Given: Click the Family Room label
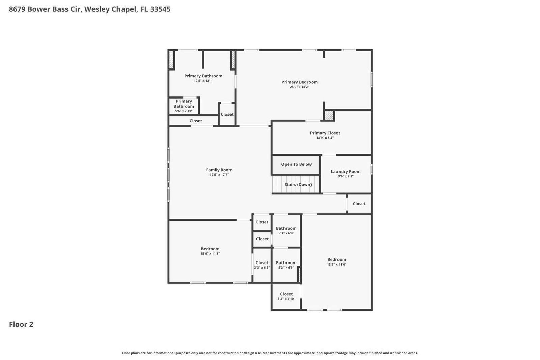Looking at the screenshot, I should [x=219, y=170].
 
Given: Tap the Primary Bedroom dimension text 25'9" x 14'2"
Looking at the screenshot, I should [x=299, y=87].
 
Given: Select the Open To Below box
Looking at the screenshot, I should [x=296, y=164].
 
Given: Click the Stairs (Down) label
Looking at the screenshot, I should [x=298, y=185].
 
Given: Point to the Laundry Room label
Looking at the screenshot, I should [x=346, y=172].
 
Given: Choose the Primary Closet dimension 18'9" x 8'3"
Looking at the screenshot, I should [x=325, y=138].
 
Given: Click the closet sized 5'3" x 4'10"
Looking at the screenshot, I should [x=286, y=296].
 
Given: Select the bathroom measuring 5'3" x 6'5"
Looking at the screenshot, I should [x=286, y=265].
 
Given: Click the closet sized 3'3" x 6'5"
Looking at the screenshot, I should [x=262, y=265].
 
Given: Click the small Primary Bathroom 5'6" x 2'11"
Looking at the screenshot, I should [x=184, y=106].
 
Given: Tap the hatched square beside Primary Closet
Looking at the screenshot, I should [x=329, y=115].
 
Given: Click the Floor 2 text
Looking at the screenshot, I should [x=21, y=324].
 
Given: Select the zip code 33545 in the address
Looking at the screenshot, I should [x=160, y=9].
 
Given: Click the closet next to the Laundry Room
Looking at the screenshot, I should [x=359, y=204].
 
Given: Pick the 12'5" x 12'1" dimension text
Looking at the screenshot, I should [x=203, y=81].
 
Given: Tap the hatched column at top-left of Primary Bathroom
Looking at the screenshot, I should [x=171, y=60].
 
